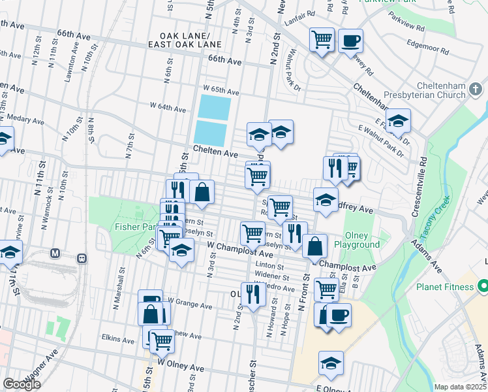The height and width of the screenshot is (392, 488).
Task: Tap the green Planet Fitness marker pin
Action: (483, 286)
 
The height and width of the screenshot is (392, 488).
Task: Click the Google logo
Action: (22, 384)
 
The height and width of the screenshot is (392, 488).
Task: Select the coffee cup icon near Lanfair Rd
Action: (350, 41)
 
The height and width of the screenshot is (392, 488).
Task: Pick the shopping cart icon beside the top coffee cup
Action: (322, 41)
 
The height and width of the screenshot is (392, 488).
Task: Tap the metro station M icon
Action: (55, 253)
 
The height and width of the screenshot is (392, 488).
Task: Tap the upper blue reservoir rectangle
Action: (214, 106)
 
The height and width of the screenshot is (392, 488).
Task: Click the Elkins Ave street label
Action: (100, 339)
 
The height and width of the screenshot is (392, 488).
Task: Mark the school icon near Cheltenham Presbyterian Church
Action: (398, 122)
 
